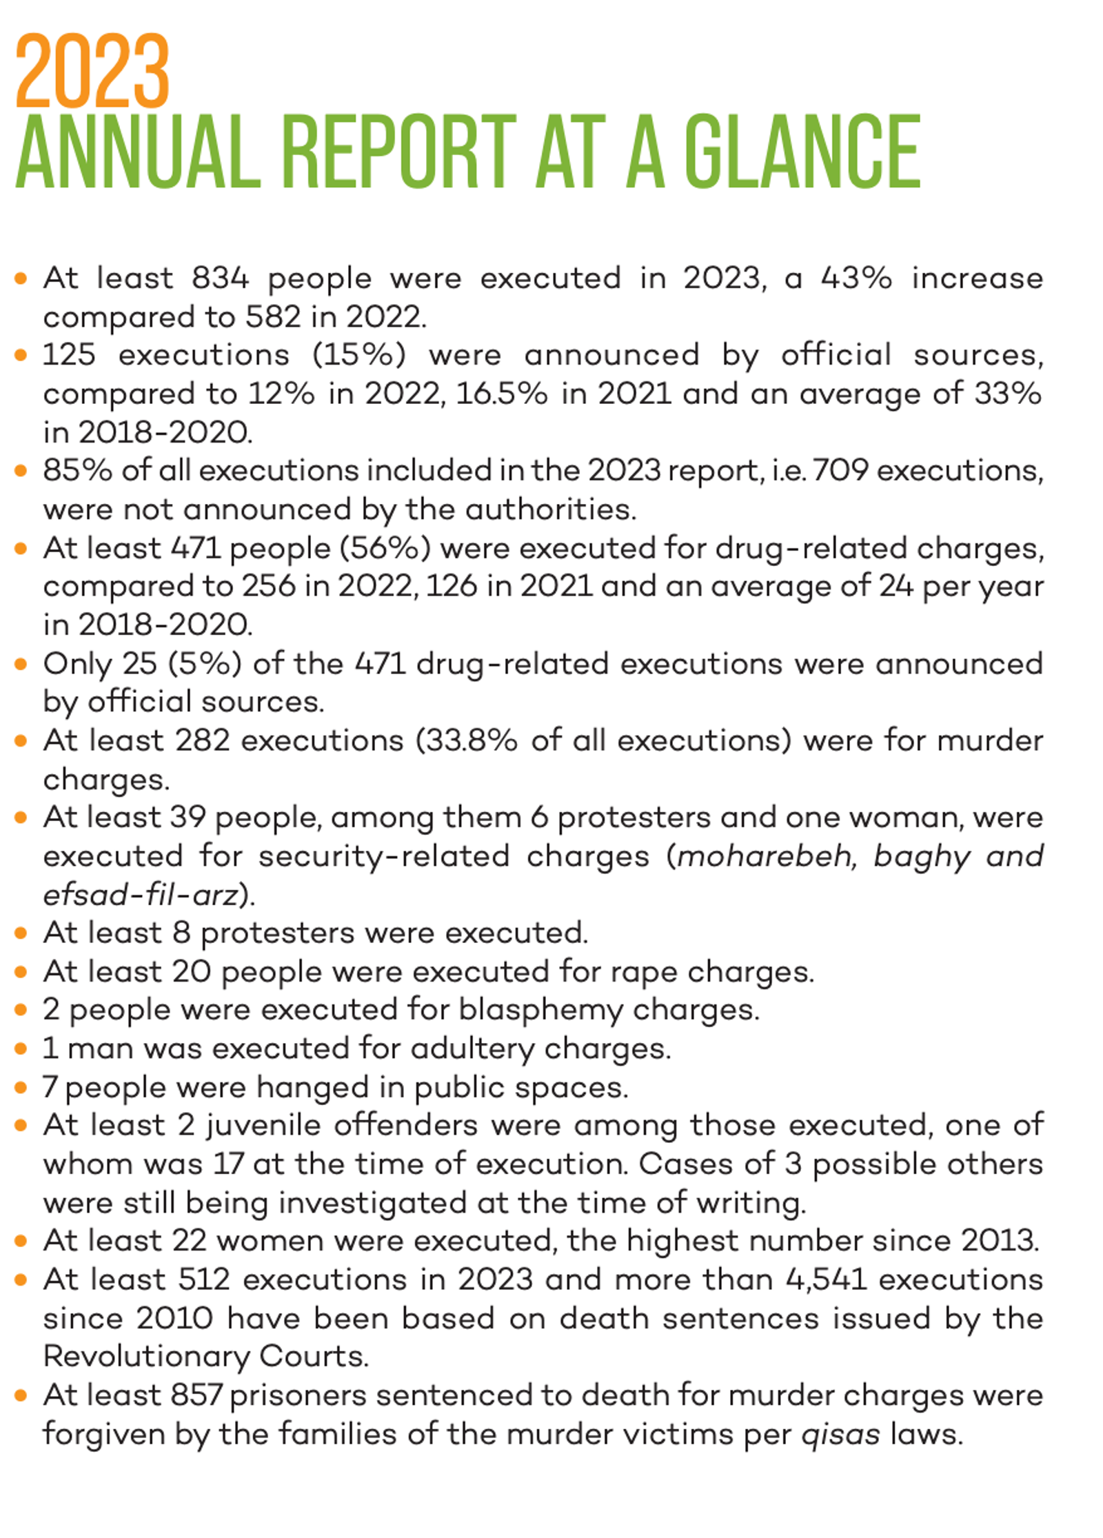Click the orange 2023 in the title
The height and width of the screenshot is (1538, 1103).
click(x=92, y=71)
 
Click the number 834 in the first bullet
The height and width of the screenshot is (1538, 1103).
click(x=220, y=279)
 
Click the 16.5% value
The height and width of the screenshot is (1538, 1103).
click(x=501, y=394)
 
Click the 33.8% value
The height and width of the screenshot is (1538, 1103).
click(x=467, y=740)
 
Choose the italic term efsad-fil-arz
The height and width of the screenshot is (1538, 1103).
click(x=140, y=895)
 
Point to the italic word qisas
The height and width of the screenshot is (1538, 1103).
click(x=840, y=1435)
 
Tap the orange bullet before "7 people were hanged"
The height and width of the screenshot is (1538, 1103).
click(x=21, y=1088)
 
